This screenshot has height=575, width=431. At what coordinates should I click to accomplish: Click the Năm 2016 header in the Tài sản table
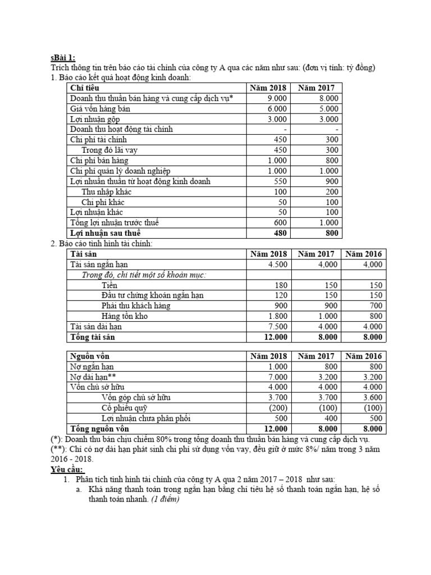(364, 254)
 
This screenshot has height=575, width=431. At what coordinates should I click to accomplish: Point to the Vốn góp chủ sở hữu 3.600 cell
(372, 398)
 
